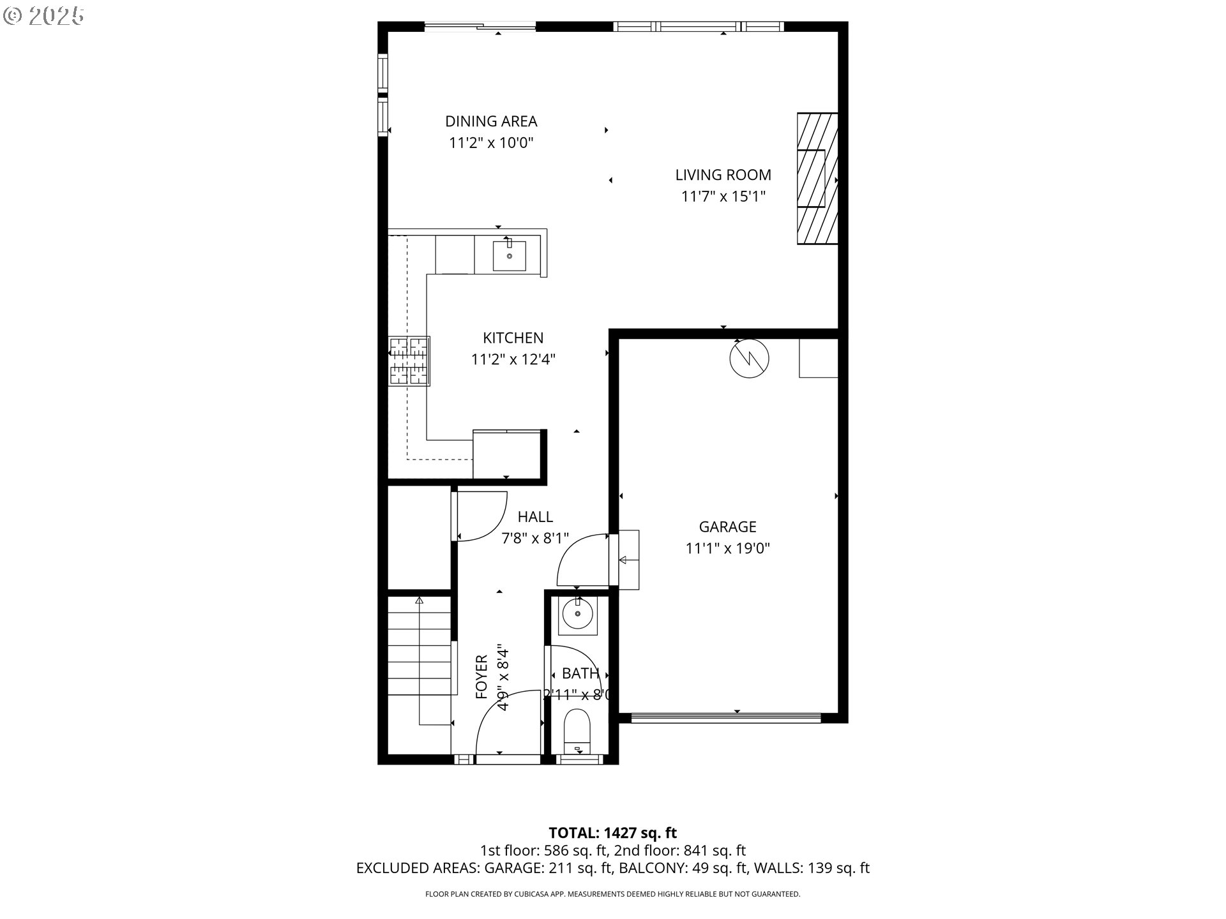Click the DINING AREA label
pyautogui.click(x=490, y=121)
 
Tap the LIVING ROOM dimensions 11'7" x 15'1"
pyautogui.click(x=723, y=196)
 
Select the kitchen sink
pyautogui.click(x=509, y=255)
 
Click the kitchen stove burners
pyautogui.click(x=409, y=361)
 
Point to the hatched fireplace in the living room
pyautogui.click(x=817, y=179)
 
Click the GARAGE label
pyautogui.click(x=727, y=527)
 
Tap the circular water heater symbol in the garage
pyautogui.click(x=749, y=358)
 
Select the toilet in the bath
pyautogui.click(x=577, y=731)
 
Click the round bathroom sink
pyautogui.click(x=577, y=614)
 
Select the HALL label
pyautogui.click(x=535, y=517)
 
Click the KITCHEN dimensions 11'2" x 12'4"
pyautogui.click(x=513, y=359)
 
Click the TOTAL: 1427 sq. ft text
pyautogui.click(x=612, y=833)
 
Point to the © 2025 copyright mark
pyautogui.click(x=43, y=16)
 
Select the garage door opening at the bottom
pyautogui.click(x=725, y=718)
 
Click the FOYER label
pyautogui.click(x=482, y=676)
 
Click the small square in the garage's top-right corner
pyautogui.click(x=818, y=358)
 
